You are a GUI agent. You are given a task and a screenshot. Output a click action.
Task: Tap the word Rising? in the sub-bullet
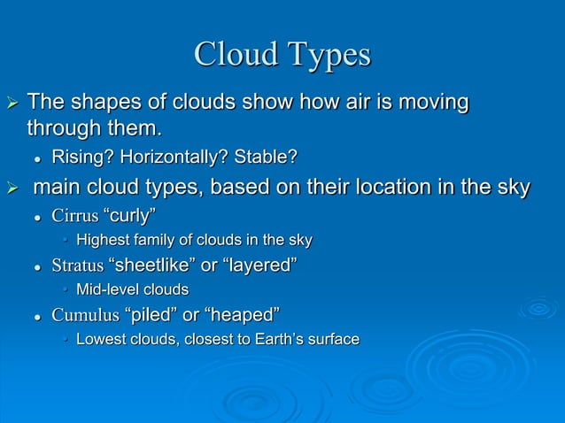[x=81, y=158]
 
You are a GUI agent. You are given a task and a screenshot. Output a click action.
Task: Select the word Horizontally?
[x=175, y=158]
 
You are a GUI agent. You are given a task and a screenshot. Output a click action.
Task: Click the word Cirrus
[x=75, y=215]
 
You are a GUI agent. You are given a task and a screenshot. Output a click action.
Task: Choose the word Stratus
[x=78, y=265]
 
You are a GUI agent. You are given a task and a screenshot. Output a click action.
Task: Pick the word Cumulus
[x=85, y=315]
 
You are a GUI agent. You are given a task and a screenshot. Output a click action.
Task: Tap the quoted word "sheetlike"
[x=158, y=265]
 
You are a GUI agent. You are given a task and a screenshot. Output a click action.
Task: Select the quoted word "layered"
[x=264, y=265]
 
